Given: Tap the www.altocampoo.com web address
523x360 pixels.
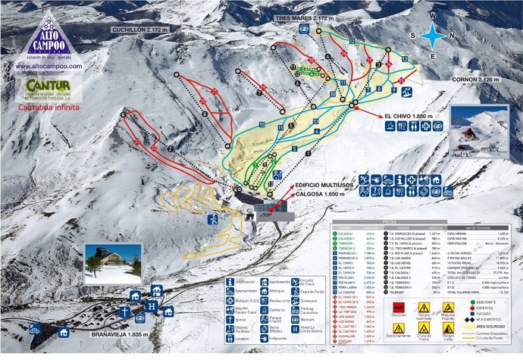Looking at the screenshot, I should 48,66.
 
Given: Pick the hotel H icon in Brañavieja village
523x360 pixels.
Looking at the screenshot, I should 152,306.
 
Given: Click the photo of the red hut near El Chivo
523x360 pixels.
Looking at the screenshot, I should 478,130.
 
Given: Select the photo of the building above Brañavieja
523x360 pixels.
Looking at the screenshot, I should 112,263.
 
